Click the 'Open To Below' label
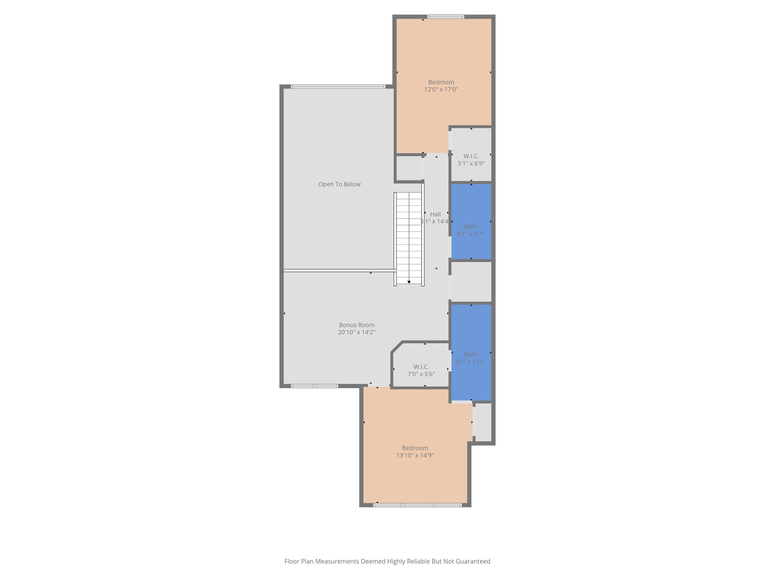click(x=339, y=184)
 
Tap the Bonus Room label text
click(x=356, y=325)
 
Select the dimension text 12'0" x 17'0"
click(x=441, y=90)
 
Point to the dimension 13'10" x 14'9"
click(x=415, y=455)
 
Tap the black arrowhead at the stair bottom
click(x=409, y=282)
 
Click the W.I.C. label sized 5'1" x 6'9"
click(x=471, y=156)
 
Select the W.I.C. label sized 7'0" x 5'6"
click(x=421, y=367)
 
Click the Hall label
click(x=435, y=214)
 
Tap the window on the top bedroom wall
click(x=446, y=17)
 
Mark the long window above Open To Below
click(x=338, y=87)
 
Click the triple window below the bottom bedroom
click(x=417, y=505)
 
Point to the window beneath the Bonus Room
click(x=314, y=386)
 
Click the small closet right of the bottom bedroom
click(x=483, y=422)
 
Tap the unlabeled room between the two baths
click(x=471, y=282)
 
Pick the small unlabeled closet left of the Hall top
click(x=409, y=168)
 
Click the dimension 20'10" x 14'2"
click(x=356, y=332)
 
